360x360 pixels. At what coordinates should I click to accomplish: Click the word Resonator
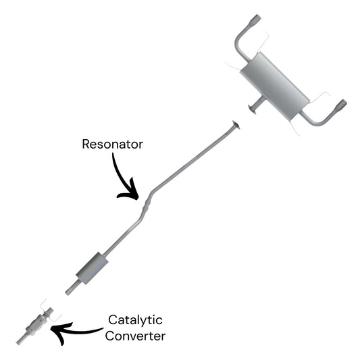click(113, 144)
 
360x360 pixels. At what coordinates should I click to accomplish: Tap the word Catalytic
click(135, 320)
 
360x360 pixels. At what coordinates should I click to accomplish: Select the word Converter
click(135, 336)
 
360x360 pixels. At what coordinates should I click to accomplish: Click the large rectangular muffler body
click(275, 85)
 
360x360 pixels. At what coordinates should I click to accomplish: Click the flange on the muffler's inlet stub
click(252, 109)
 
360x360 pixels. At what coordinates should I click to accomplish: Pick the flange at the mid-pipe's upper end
click(236, 124)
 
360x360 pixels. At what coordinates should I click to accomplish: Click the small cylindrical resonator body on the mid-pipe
click(92, 268)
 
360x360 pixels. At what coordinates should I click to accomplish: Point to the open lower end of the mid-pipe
click(69, 292)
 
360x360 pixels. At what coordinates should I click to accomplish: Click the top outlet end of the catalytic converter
click(49, 311)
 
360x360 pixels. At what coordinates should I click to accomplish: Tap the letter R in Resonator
click(86, 144)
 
